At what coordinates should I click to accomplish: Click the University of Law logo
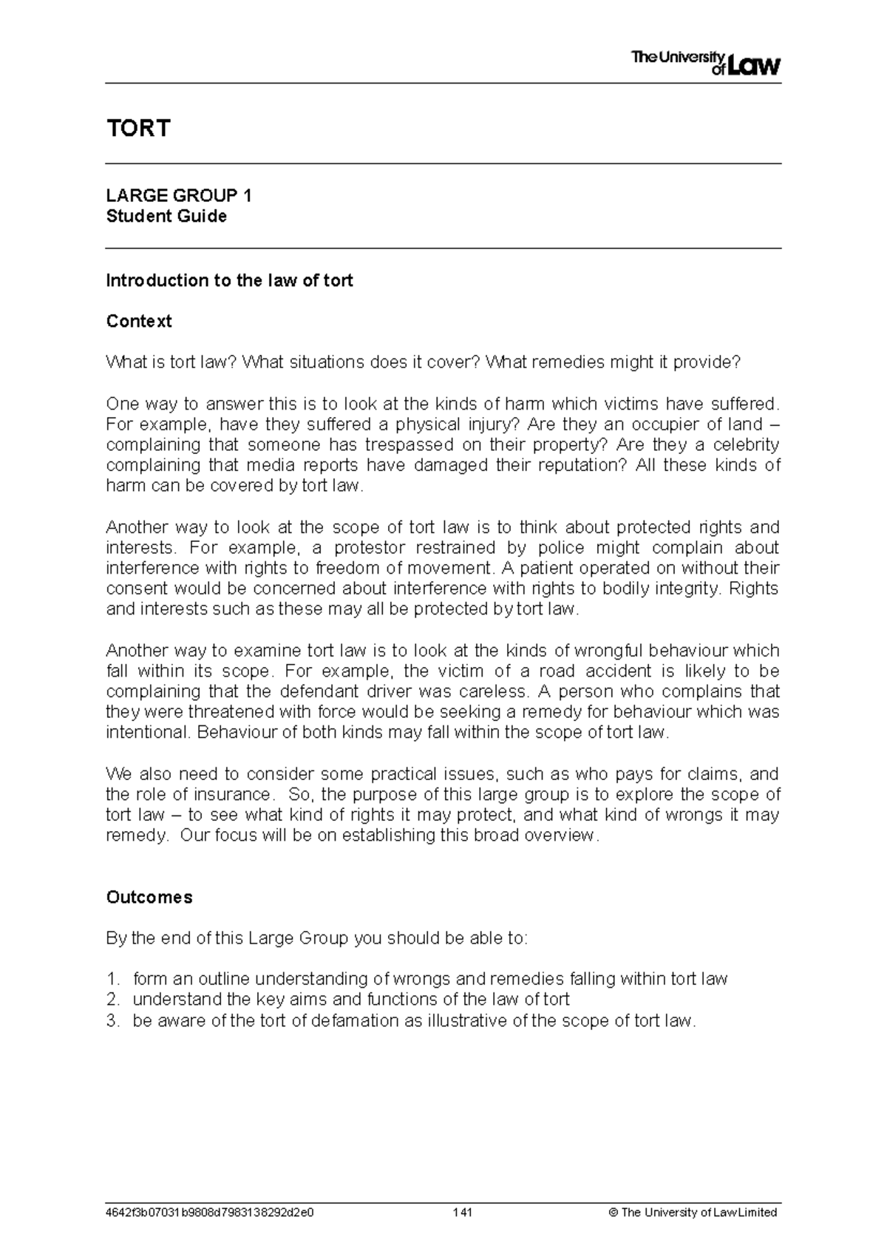point(706,63)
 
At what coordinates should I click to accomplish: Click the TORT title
point(138,129)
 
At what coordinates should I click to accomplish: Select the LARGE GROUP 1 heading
point(179,196)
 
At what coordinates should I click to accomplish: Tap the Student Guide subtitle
point(166,217)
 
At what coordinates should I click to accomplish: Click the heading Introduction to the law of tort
point(229,281)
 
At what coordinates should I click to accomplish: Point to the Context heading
point(139,322)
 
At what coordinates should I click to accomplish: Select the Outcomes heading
point(149,898)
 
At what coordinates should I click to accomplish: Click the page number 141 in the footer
point(463,1213)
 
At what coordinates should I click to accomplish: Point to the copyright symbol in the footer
point(614,1213)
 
